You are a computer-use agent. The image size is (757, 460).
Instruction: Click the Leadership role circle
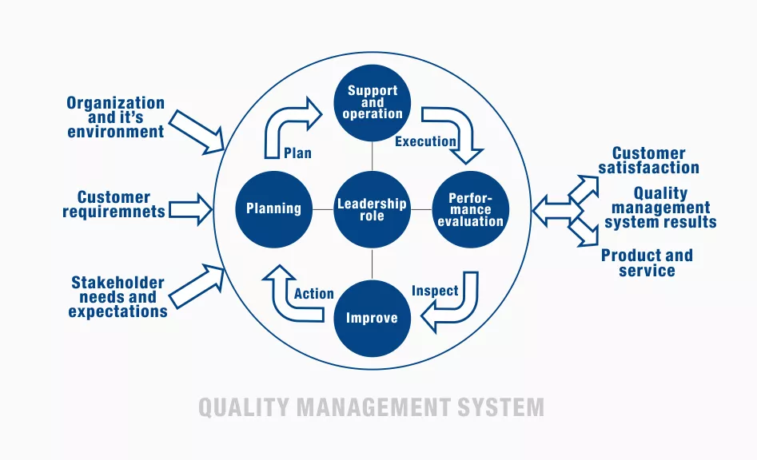[x=372, y=210]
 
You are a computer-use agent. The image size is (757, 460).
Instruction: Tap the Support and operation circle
[x=372, y=103]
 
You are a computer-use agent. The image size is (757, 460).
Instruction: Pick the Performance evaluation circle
[x=470, y=210]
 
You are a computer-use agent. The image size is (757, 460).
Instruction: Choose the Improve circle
[x=372, y=318]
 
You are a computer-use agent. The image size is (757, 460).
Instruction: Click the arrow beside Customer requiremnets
[x=190, y=210]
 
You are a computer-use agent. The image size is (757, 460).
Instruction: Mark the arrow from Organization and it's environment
[x=197, y=132]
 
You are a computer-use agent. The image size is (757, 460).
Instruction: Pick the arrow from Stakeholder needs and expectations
[x=197, y=286]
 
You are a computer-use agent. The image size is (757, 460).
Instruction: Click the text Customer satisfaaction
[x=648, y=161]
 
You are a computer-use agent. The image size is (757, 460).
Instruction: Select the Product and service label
[x=647, y=263]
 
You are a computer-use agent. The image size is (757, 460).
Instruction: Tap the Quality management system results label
[x=660, y=208]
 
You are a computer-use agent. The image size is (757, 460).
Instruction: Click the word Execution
[x=425, y=142]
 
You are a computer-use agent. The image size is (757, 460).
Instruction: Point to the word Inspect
[x=435, y=291]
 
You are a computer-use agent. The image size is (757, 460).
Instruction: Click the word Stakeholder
[x=118, y=283]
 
